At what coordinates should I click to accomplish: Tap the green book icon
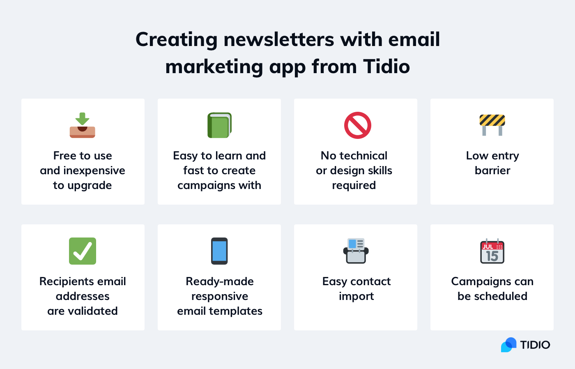(219, 125)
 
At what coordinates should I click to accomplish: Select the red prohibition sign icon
(357, 125)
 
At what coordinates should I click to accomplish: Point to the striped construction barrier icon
(492, 125)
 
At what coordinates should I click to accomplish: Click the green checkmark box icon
(83, 251)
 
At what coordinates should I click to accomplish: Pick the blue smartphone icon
(219, 251)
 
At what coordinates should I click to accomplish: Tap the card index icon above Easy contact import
(356, 251)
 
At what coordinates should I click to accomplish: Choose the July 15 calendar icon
(492, 251)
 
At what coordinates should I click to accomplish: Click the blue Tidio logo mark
(508, 345)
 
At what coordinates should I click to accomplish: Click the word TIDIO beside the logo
(535, 345)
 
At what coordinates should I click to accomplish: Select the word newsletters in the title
(279, 40)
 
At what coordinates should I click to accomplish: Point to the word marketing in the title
(214, 67)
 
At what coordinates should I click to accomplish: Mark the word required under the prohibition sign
(354, 186)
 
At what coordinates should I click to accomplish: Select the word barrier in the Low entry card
(492, 171)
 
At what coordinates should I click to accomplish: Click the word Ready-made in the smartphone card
(220, 281)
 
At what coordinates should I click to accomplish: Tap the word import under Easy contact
(356, 297)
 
